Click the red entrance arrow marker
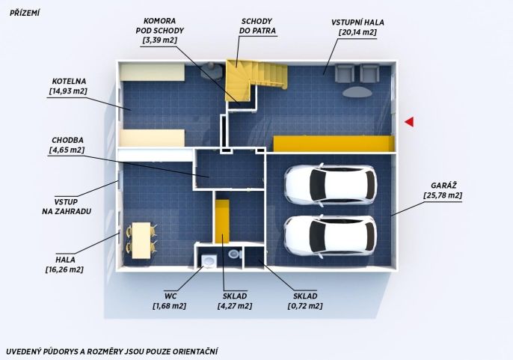pyautogui.click(x=410, y=121)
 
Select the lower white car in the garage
pyautogui.click(x=331, y=235)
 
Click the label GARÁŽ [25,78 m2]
pyautogui.click(x=443, y=190)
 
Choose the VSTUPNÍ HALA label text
pyautogui.click(x=357, y=22)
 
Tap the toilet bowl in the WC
pyautogui.click(x=234, y=254)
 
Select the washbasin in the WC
pyautogui.click(x=209, y=261)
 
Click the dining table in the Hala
pyautogui.click(x=141, y=240)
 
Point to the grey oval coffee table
pyautogui.click(x=357, y=92)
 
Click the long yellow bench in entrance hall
pyautogui.click(x=334, y=144)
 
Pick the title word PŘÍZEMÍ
pyautogui.click(x=25, y=13)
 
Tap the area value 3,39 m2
pyautogui.click(x=160, y=40)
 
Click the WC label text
pyautogui.click(x=171, y=296)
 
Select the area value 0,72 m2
pyautogui.click(x=305, y=306)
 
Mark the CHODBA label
pyautogui.click(x=67, y=140)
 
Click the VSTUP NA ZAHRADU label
pyautogui.click(x=67, y=207)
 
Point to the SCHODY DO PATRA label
pyautogui.click(x=257, y=26)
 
